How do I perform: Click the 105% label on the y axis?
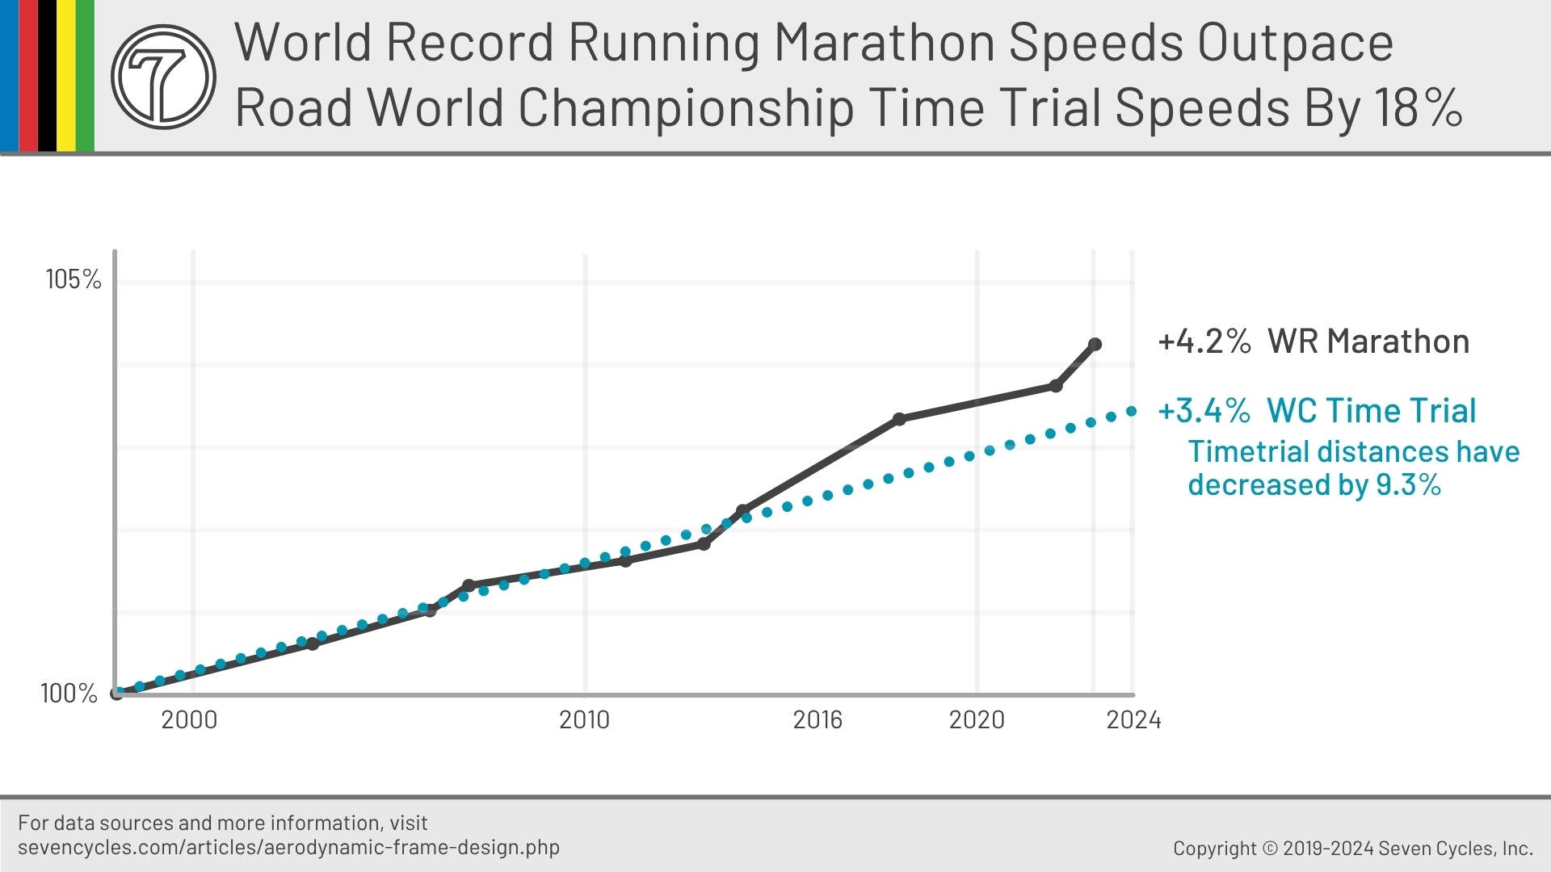coord(74,279)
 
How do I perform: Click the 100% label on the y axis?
coord(69,693)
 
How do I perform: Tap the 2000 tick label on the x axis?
coord(189,719)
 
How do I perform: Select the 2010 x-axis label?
coord(584,719)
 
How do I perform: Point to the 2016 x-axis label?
coord(817,719)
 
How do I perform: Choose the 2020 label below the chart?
coord(976,719)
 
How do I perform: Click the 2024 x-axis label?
coord(1133,719)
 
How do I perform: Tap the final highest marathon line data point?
coord(1095,345)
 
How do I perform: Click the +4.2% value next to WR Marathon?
coord(1204,342)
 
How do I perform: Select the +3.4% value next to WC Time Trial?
coord(1204,411)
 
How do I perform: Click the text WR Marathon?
coord(1368,342)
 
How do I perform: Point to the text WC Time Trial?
coord(1371,411)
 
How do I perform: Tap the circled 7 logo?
coord(163,77)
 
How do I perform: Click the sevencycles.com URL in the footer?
coord(288,848)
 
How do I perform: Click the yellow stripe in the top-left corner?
coord(65,75)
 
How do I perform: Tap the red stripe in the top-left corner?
coord(27,75)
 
